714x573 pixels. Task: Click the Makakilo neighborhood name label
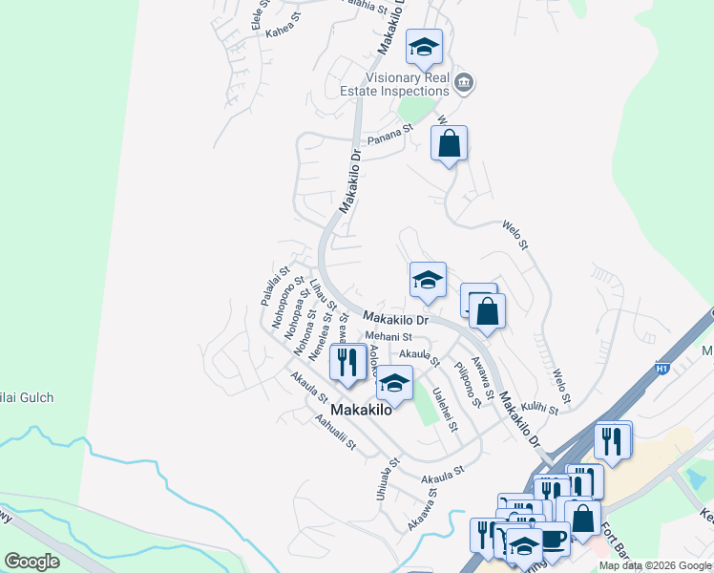(362, 410)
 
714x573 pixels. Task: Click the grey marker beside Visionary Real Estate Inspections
(465, 83)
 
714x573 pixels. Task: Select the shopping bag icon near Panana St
(449, 144)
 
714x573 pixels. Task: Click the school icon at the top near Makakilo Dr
(424, 47)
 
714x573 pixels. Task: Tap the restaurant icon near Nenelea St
(347, 362)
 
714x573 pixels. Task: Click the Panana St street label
(390, 131)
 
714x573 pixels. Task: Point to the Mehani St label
(388, 337)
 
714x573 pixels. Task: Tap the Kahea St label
(283, 31)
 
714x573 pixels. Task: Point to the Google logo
(32, 562)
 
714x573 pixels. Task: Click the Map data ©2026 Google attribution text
(655, 565)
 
